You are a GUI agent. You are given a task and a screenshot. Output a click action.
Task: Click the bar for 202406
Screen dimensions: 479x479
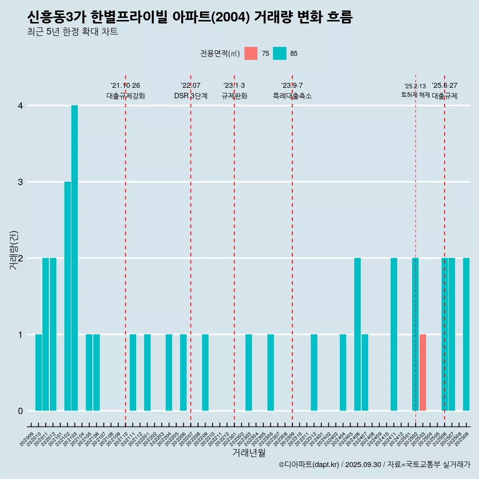(357, 334)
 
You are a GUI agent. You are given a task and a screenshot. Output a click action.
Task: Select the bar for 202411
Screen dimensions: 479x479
(394, 334)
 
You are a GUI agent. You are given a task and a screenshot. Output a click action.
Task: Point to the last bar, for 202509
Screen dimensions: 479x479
(466, 334)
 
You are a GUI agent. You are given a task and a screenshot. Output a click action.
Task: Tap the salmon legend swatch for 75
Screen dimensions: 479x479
(251, 53)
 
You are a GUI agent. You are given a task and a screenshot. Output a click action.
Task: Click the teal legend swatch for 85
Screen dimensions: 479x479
(280, 53)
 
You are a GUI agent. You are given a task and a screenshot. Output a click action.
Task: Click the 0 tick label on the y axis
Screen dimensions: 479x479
(20, 411)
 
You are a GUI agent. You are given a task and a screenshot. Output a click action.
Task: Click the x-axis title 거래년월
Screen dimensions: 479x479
(248, 453)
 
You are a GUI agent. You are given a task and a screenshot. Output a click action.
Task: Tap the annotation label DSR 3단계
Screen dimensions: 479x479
(191, 96)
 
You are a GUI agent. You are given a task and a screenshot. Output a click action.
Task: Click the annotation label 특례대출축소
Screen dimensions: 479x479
(292, 96)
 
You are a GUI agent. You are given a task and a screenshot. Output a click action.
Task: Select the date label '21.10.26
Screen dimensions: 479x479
(125, 85)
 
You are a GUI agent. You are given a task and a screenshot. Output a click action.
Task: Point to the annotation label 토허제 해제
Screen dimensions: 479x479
(416, 95)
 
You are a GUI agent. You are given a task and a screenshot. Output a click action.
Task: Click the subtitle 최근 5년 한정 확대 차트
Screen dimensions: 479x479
(73, 32)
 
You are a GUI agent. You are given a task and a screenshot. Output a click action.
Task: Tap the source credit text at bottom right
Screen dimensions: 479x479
(375, 465)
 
